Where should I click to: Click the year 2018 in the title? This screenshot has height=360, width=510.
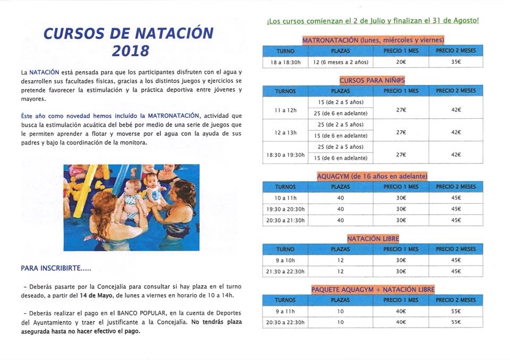click(131, 52)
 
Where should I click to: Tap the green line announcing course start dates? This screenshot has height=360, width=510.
click(373, 21)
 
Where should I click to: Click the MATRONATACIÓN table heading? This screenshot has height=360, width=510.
click(373, 40)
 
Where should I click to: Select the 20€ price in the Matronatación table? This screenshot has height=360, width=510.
click(401, 62)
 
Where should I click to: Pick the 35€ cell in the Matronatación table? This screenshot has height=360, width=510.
click(456, 62)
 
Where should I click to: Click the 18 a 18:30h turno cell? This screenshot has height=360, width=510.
click(285, 62)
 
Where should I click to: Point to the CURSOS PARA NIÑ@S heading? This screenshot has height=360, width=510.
click(372, 80)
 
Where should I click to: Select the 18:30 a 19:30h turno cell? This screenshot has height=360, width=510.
click(285, 155)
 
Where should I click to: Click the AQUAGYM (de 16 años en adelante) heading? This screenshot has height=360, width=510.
click(372, 176)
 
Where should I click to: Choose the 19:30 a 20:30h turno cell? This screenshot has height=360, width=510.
click(285, 209)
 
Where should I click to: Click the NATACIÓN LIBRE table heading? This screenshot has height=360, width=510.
click(373, 239)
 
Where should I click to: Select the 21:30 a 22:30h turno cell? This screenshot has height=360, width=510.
click(285, 271)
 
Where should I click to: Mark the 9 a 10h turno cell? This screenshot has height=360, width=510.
click(285, 260)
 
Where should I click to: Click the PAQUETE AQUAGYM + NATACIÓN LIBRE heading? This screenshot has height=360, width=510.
click(373, 289)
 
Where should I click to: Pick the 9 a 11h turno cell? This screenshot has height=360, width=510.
click(285, 311)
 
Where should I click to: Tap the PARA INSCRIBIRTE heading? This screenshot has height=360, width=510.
click(56, 269)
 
